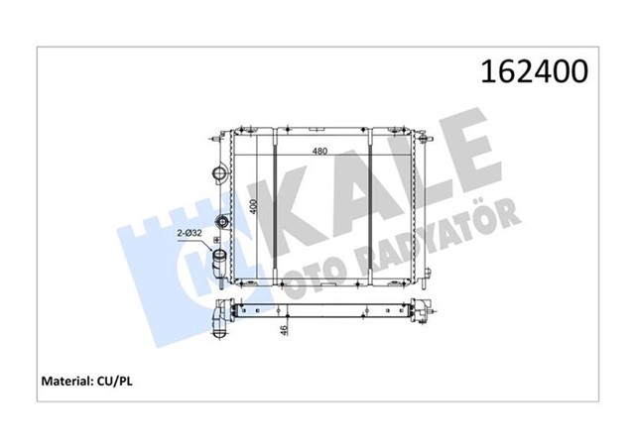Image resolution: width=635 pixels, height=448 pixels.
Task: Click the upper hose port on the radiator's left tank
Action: click(219, 174)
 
